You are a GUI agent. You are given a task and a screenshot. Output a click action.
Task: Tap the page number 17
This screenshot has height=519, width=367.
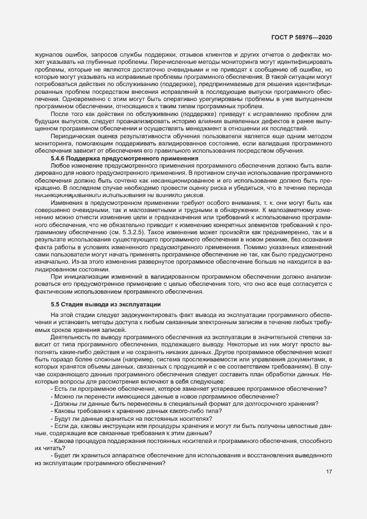329,472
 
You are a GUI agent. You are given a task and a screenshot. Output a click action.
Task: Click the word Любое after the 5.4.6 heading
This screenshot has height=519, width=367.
61,165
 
